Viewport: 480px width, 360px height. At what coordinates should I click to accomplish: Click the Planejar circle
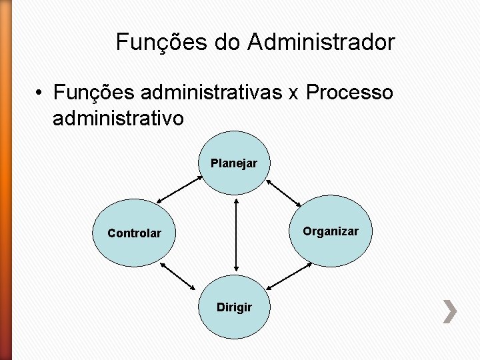234,163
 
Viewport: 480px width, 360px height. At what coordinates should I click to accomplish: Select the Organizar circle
330,231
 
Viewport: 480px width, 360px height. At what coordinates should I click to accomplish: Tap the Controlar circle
135,233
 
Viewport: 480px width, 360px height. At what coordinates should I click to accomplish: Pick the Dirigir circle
234,307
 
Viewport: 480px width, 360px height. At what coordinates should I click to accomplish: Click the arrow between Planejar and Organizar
283,193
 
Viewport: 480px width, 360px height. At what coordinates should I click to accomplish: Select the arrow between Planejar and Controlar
179,189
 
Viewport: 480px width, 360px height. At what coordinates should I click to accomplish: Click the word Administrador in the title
321,43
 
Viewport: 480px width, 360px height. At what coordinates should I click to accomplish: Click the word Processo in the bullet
350,91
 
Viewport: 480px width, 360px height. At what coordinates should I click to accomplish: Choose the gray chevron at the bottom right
450,311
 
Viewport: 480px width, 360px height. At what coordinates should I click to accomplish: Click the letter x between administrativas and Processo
293,93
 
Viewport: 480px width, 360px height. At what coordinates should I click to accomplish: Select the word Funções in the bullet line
85,91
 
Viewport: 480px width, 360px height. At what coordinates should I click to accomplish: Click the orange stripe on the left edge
5,180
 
